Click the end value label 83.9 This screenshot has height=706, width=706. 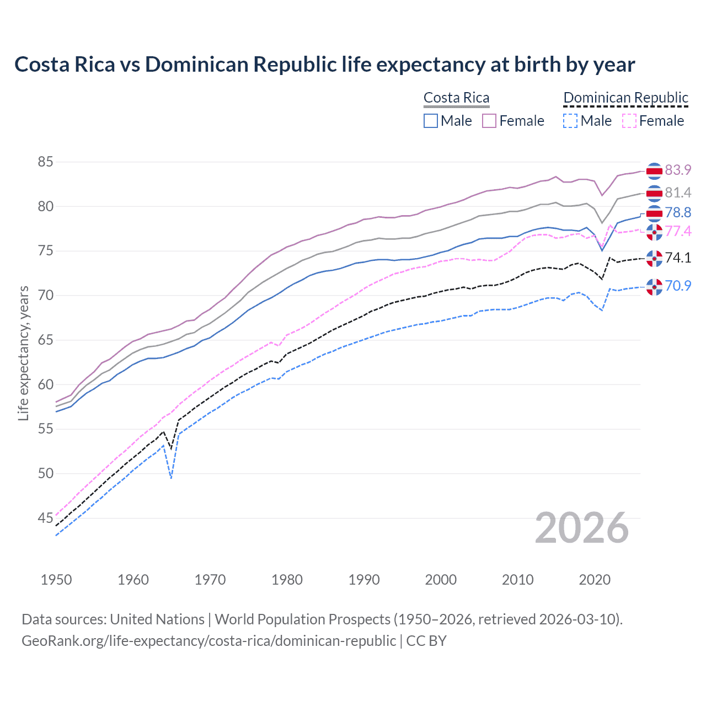[677, 170]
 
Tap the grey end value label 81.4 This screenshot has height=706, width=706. [677, 192]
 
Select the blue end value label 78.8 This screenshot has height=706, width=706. [677, 213]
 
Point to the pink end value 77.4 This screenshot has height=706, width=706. [677, 231]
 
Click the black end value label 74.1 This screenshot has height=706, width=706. [677, 258]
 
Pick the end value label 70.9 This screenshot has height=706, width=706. [677, 286]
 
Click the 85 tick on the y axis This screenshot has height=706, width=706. [45, 162]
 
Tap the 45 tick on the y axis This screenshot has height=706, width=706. [45, 518]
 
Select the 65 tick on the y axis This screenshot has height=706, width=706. [45, 340]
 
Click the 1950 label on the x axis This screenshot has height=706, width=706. [56, 580]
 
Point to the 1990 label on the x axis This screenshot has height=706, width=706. [364, 580]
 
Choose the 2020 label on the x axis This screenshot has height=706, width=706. [595, 580]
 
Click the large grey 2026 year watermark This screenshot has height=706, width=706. [581, 528]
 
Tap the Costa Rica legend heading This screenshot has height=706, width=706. [456, 98]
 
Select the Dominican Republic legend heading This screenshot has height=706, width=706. [625, 98]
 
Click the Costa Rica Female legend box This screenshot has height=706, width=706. [489, 121]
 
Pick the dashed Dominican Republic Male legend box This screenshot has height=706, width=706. [570, 121]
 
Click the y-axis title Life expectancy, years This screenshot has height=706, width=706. [23, 353]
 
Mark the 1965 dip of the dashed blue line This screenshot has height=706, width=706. [171, 478]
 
